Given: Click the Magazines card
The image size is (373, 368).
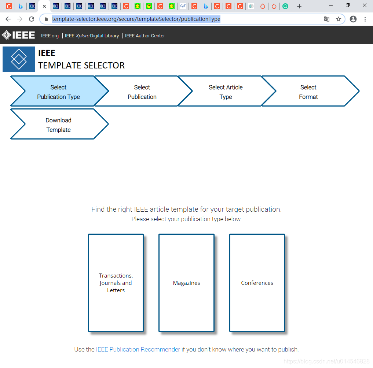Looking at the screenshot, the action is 186,283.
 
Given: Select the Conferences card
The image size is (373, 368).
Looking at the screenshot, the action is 257,283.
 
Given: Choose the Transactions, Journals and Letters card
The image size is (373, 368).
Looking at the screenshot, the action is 116,283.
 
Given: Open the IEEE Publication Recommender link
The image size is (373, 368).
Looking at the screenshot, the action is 138,349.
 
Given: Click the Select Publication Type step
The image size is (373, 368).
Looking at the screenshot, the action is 59,92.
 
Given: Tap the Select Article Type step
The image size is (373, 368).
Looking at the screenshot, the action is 226,92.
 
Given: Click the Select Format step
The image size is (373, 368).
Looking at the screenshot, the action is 308,92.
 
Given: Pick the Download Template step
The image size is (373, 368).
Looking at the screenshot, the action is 59,125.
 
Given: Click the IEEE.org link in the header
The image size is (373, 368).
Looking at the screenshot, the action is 50,36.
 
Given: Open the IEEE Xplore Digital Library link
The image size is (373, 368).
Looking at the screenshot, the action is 92,36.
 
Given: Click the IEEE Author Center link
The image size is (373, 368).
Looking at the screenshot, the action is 145,36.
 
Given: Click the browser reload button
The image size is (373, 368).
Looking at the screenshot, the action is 32,19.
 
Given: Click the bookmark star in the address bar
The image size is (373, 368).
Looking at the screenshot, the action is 338,19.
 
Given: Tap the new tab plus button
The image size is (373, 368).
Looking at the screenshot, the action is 299,6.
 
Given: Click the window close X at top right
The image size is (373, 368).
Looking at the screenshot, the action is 365,5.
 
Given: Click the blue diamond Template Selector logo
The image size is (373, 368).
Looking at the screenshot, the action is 19,59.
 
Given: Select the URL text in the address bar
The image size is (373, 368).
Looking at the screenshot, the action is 136,19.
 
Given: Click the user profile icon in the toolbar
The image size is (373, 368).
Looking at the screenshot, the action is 353,19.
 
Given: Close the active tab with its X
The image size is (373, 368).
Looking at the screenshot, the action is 44,6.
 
